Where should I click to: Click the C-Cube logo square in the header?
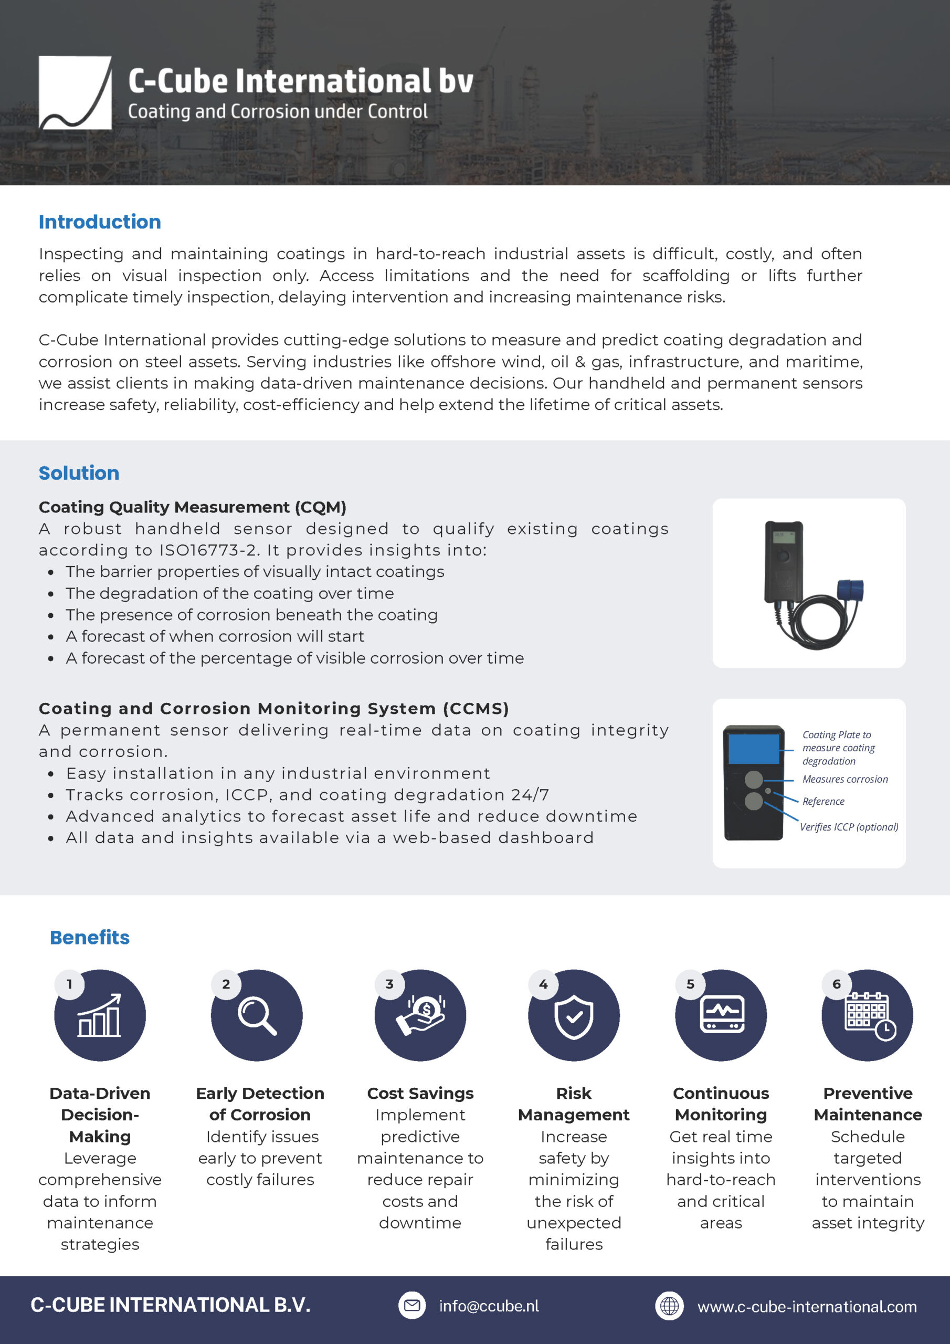(x=75, y=92)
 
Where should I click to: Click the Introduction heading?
(x=100, y=222)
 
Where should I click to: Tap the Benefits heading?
(x=90, y=937)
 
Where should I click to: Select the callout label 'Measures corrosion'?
(x=845, y=779)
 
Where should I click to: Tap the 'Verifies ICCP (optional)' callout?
(x=849, y=826)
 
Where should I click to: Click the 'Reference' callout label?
(x=823, y=801)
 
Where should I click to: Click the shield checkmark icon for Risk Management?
(x=574, y=1017)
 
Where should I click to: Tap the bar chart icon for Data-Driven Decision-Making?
(x=100, y=1016)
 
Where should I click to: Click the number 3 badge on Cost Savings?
(x=389, y=984)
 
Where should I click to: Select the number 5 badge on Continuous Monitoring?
(x=690, y=984)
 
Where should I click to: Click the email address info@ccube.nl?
(x=489, y=1306)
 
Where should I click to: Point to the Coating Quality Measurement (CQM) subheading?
(x=192, y=507)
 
